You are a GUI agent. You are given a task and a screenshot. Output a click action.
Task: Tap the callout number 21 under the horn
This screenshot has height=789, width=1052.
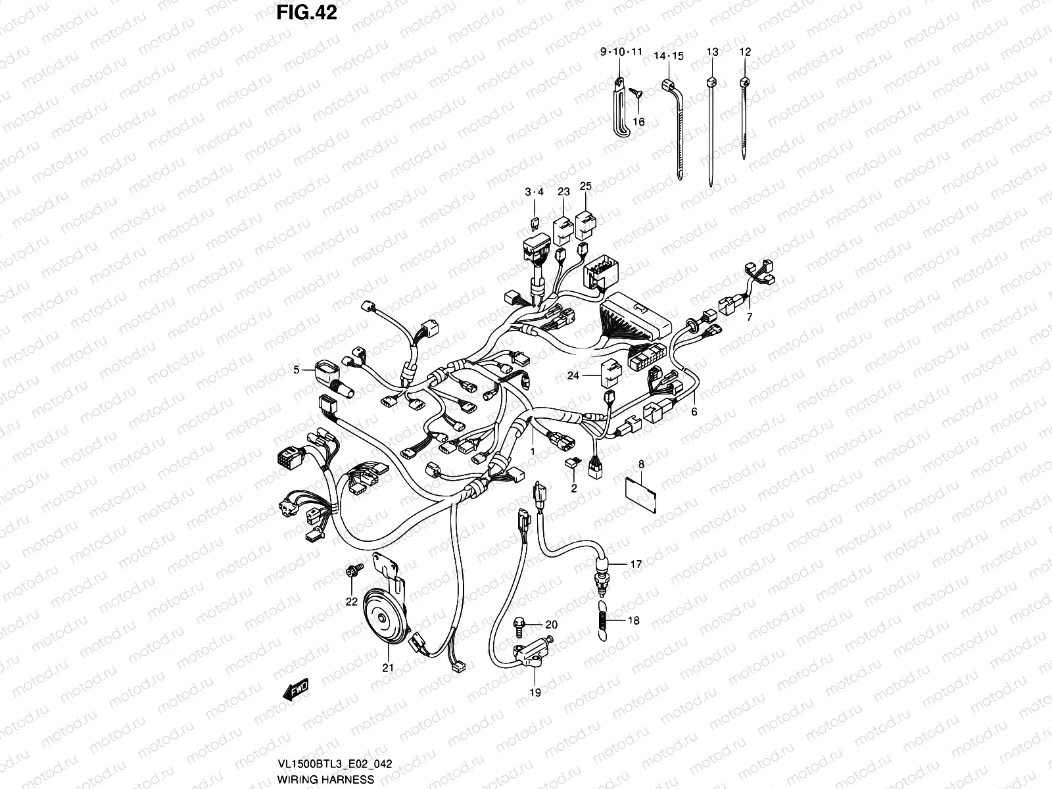(388, 668)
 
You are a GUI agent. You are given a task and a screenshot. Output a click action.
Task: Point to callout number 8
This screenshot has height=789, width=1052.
(641, 466)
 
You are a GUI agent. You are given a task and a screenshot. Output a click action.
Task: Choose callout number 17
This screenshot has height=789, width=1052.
(635, 564)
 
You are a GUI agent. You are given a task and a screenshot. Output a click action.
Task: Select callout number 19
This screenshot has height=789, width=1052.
(535, 692)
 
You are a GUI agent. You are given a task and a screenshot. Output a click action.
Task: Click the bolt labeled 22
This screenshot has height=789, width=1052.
(350, 571)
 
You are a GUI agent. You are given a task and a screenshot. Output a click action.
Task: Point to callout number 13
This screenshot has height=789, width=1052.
(713, 51)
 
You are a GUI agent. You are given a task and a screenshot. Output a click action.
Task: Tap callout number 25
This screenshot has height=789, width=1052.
(585, 186)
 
